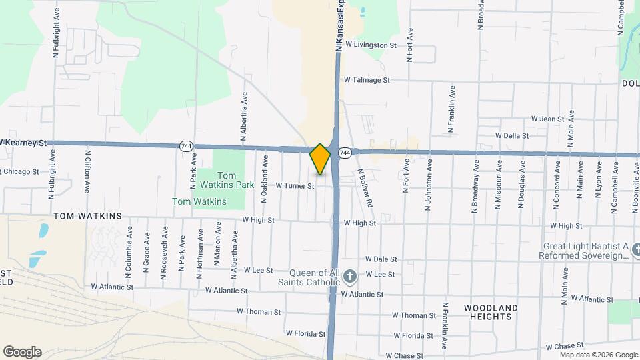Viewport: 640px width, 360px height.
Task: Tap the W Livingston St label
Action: tap(371, 45)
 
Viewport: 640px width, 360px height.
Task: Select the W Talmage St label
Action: tap(366, 80)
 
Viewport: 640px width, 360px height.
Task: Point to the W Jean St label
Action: tap(548, 119)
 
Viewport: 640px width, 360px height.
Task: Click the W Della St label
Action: tap(512, 135)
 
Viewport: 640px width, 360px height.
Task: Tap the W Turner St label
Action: tap(294, 186)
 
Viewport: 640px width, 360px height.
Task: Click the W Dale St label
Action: tap(381, 259)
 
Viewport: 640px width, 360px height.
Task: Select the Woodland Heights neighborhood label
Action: tap(489, 311)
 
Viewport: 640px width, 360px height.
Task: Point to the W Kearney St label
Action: tap(25, 143)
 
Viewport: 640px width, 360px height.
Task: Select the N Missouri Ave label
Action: tap(497, 185)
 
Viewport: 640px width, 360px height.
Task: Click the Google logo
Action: tap(22, 351)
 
